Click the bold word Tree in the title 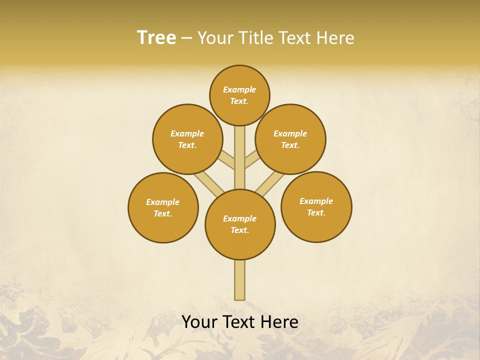pos(156,37)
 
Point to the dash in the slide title pos(186,38)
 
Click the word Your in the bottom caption pos(199,322)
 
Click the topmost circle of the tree pos(239,95)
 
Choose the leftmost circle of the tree pos(163,207)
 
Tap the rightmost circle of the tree pos(316,206)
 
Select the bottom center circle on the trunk pos(240,224)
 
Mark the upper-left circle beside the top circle pos(187,139)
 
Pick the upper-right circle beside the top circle pos(290,139)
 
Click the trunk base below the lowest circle pos(240,280)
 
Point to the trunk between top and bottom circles pos(240,157)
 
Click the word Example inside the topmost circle pos(239,89)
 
